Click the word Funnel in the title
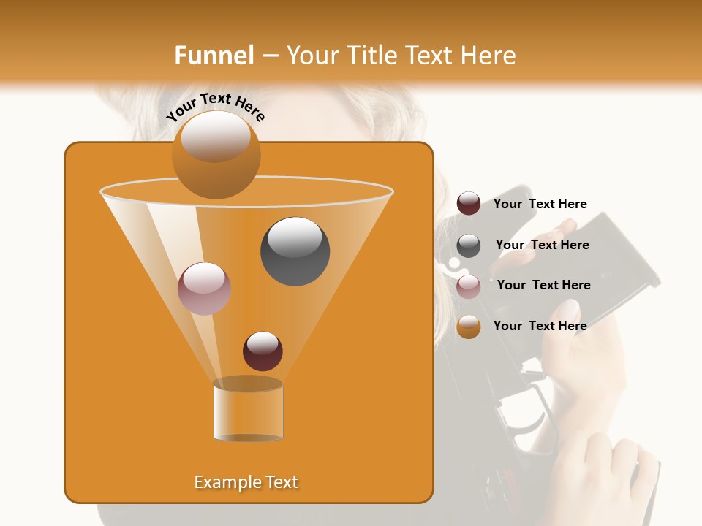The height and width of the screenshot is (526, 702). pos(214,56)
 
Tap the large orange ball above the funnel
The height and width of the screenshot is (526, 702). pos(216,154)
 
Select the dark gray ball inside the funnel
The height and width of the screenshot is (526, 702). pos(295,251)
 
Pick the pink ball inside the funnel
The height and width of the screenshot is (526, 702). pos(204,289)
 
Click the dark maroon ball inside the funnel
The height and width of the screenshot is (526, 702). pos(263,351)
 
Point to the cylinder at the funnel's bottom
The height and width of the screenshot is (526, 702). pos(248,411)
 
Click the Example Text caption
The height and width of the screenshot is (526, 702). pos(246,482)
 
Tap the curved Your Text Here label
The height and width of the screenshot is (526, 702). pos(216,107)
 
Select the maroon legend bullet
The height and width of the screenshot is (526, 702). pos(469,204)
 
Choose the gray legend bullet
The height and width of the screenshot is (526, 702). pos(469,245)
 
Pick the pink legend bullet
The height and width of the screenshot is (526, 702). pos(469,286)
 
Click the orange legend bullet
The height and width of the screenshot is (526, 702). pos(469,327)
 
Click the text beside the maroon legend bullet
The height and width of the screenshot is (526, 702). pos(540,204)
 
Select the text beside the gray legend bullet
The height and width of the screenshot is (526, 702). pos(542,245)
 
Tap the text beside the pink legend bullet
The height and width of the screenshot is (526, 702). pos(543,285)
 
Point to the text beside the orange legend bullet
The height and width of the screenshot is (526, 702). pos(540,326)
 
